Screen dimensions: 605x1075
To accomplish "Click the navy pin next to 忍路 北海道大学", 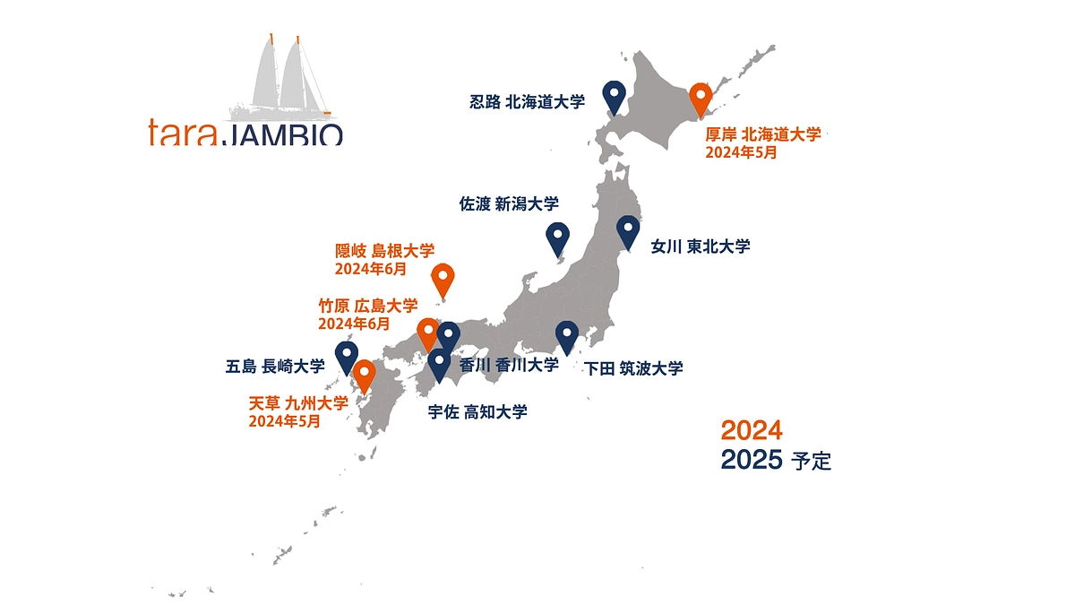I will coord(614,96).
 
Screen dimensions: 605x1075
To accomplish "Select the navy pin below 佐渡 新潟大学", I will coord(557,238).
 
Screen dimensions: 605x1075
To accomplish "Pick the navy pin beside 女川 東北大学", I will coord(628,231).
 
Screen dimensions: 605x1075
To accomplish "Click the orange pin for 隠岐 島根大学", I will coord(443,280).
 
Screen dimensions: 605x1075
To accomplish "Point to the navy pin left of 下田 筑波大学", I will coord(566,336).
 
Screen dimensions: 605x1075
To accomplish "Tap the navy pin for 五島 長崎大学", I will coord(346,357).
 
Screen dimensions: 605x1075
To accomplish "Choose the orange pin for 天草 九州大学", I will coord(364,376).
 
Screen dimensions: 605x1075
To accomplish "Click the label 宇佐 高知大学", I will coord(477,412).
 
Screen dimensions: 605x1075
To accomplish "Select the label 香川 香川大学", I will coord(509,365).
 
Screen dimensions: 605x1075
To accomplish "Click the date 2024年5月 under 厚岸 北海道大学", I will coord(741,152).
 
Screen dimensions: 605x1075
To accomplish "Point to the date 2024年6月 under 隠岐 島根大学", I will coord(370,268).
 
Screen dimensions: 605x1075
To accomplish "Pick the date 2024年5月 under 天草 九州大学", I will coord(284,421).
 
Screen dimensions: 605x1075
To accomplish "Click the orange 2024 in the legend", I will coord(751,430).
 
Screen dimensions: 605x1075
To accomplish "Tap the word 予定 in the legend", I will coord(812,462).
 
